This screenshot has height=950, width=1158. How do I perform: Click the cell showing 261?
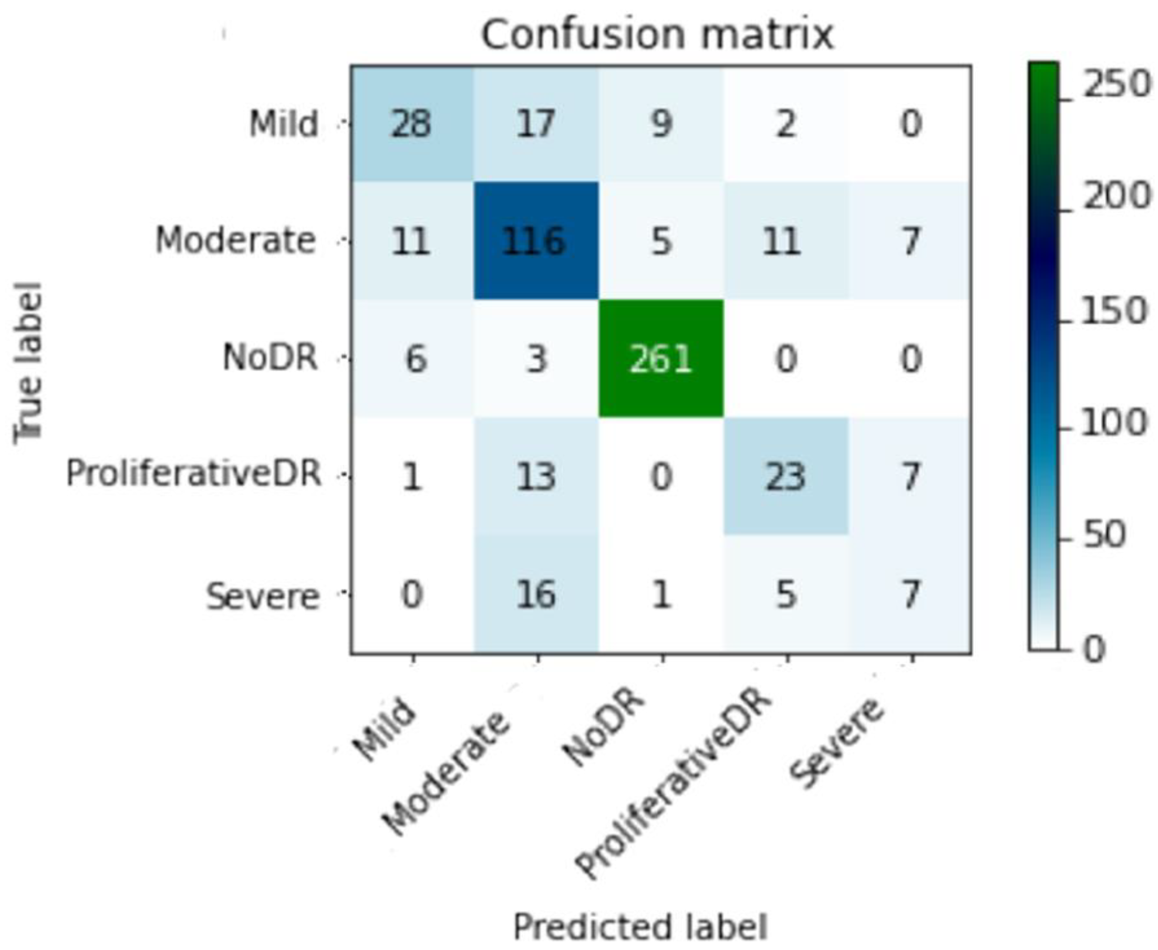[x=661, y=359]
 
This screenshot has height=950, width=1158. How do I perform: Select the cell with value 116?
[x=535, y=241]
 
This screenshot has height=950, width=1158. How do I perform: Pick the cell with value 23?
[x=785, y=476]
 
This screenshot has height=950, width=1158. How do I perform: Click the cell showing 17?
[x=536, y=124]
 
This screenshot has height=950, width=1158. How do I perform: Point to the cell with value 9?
[x=661, y=124]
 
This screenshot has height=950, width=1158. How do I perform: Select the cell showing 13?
[x=536, y=476]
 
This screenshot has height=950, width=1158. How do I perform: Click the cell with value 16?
[x=536, y=594]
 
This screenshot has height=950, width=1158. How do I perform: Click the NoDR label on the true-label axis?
[x=270, y=358]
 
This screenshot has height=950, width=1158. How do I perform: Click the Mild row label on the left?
[x=283, y=124]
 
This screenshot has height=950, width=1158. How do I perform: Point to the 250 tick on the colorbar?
[x=1117, y=86]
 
